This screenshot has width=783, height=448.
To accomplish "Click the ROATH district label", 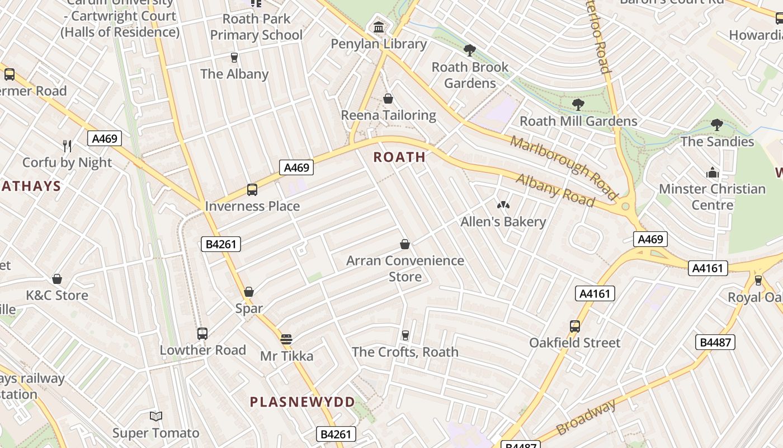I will pyautogui.click(x=399, y=157).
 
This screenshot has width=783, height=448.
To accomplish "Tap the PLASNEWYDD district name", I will pyautogui.click(x=302, y=402).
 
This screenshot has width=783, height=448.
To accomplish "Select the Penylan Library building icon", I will pyautogui.click(x=379, y=27).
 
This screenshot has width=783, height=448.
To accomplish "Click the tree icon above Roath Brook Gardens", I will pyautogui.click(x=470, y=50).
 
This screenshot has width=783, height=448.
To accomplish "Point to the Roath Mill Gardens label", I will pyautogui.click(x=578, y=121).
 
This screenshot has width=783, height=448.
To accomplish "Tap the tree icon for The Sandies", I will pyautogui.click(x=717, y=125).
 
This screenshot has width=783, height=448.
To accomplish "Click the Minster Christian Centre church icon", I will pyautogui.click(x=712, y=172).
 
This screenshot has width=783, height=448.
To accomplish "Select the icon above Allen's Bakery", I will pyautogui.click(x=503, y=205).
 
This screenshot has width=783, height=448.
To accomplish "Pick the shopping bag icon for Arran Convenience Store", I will pyautogui.click(x=405, y=244).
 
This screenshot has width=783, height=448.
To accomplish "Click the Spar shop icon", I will pyautogui.click(x=249, y=292).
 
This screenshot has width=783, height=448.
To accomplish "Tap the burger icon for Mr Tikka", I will pyautogui.click(x=286, y=339).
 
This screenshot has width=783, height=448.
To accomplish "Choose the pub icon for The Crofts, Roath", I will pyautogui.click(x=405, y=335).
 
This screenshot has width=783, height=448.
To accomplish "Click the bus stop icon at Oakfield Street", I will pyautogui.click(x=574, y=326).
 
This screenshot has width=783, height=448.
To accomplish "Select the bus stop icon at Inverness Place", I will pyautogui.click(x=252, y=190).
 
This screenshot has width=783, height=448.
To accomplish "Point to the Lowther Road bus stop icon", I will pyautogui.click(x=202, y=334).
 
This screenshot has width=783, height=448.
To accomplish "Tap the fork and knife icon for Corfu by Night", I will pyautogui.click(x=67, y=146).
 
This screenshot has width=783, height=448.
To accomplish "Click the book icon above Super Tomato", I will pyautogui.click(x=156, y=416).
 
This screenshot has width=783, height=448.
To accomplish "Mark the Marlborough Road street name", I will pyautogui.click(x=563, y=167).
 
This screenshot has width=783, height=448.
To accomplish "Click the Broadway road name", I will pyautogui.click(x=586, y=417).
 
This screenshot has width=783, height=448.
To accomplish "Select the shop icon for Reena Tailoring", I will pyautogui.click(x=388, y=99).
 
